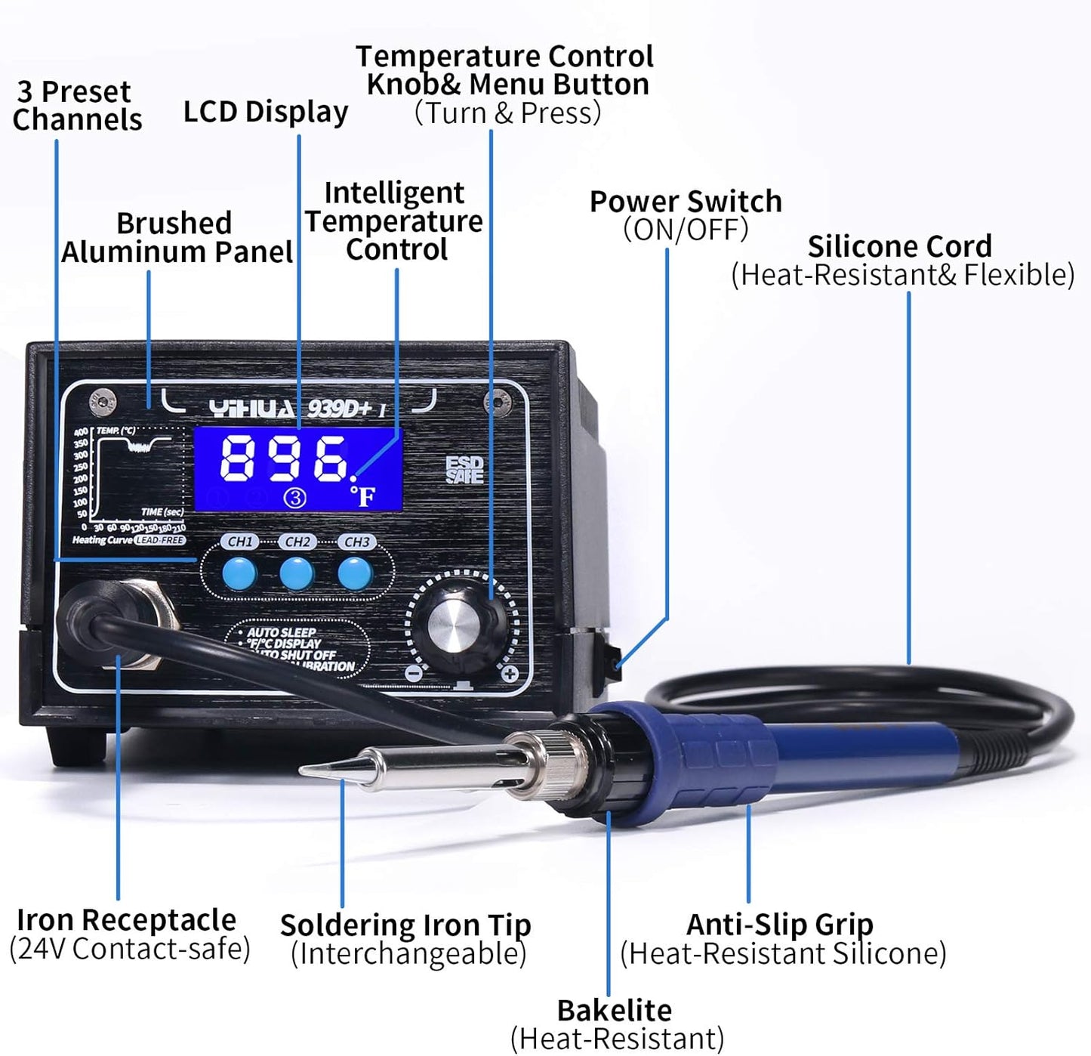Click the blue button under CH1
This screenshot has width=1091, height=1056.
239,574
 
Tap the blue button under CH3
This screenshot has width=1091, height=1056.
355,574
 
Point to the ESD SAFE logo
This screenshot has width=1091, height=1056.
464,470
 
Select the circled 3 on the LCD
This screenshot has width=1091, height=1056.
295,498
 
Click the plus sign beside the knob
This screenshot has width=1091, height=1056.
510,673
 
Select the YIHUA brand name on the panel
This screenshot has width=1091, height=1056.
252,409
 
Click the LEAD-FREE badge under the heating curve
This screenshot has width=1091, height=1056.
160,541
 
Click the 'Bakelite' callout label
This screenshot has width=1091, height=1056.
614,1010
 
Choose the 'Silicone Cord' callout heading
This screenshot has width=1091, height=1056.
899,247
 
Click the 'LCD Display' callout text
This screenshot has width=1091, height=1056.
266,112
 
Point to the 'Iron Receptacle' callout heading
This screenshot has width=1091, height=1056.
126,920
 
